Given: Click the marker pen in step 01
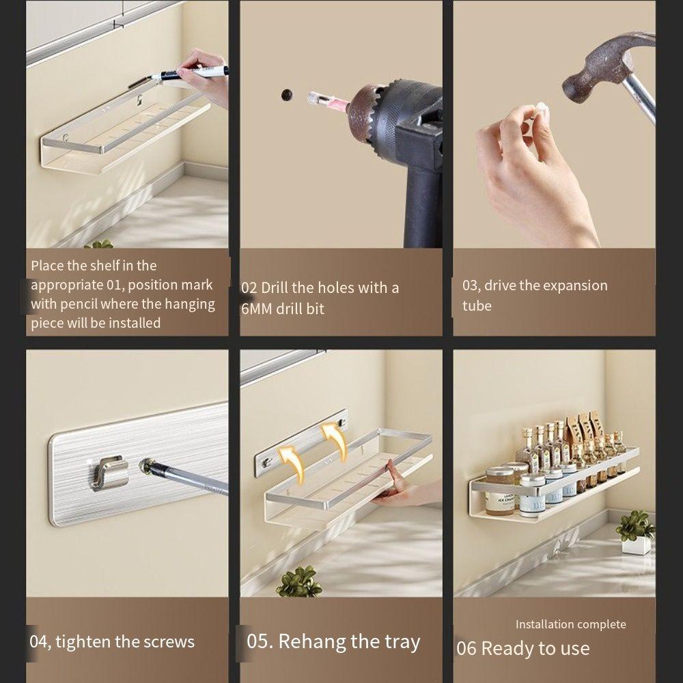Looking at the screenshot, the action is (x=189, y=73).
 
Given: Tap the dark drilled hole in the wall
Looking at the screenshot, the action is (x=287, y=94).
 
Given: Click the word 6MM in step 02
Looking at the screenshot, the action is (x=257, y=309).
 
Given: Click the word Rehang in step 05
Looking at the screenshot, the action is (x=312, y=642).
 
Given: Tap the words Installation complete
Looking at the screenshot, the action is (x=570, y=624).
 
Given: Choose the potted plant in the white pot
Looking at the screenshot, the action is (x=636, y=532).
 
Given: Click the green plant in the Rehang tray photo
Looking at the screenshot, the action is (x=299, y=581).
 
